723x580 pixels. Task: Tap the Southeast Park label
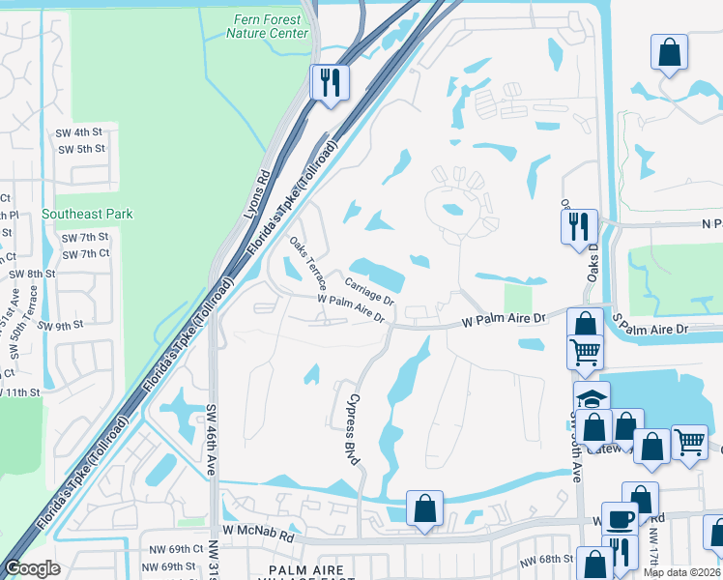click(x=87, y=214)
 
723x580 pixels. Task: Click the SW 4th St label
click(x=80, y=131)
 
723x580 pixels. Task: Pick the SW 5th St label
click(x=81, y=149)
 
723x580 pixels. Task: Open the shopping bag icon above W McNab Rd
click(x=424, y=507)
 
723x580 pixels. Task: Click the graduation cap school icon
click(x=592, y=398)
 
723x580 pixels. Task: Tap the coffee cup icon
click(x=620, y=519)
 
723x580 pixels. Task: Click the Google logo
click(x=32, y=568)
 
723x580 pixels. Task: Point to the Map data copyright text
click(x=681, y=572)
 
